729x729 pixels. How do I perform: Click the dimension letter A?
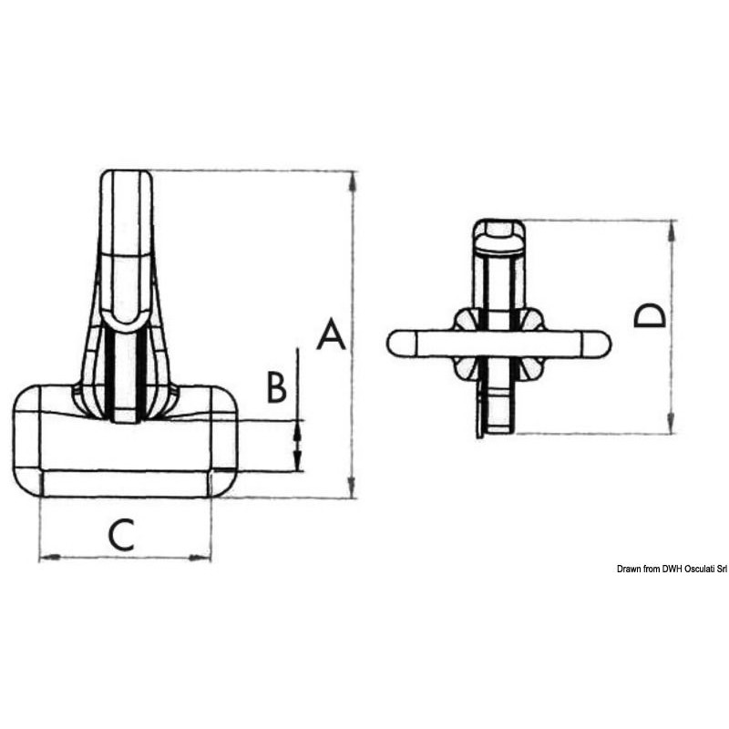[x=331, y=334]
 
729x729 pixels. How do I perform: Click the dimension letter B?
[x=276, y=386]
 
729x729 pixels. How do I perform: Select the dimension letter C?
[x=121, y=535]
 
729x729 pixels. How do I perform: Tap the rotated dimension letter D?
[x=650, y=315]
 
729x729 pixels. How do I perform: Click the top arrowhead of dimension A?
[x=353, y=181]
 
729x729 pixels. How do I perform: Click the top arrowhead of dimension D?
[x=671, y=231]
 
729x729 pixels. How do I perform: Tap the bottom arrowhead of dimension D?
[x=671, y=424]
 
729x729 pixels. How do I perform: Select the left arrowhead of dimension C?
[x=50, y=557]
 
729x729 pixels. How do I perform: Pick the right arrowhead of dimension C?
[x=200, y=557]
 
